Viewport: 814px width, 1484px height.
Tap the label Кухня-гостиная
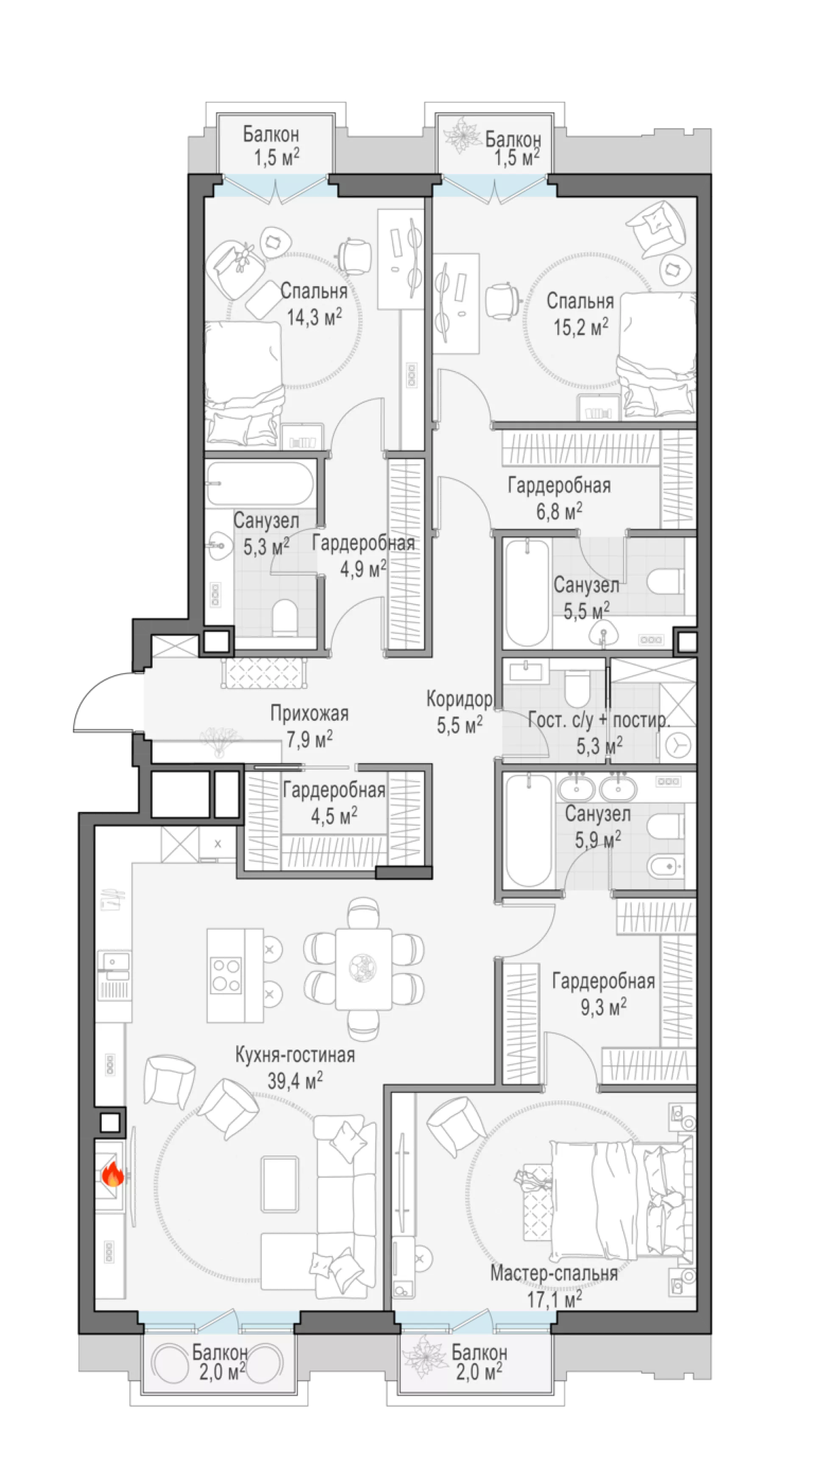coord(295,1055)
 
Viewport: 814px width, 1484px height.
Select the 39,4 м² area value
coord(295,1081)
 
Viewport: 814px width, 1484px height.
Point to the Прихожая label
coord(309,714)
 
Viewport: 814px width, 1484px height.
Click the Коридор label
coord(459,699)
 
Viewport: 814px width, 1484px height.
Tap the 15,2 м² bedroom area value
coord(581,327)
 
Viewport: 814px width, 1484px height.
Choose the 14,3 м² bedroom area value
coord(314,316)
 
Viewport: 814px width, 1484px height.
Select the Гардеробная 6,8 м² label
coord(559,498)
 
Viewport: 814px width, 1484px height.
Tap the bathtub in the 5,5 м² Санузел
coord(527,593)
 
